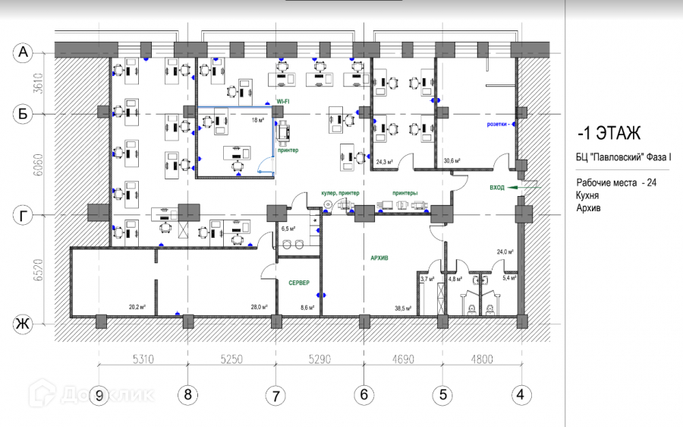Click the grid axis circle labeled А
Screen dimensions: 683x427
(24, 52)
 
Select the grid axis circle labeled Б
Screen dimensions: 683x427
(24, 113)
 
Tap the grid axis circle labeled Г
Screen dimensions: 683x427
(24, 216)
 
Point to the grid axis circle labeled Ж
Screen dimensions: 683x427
(24, 324)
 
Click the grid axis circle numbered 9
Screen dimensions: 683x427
(99, 395)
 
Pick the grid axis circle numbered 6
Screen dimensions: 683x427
(364, 395)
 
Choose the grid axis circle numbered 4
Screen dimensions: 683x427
(520, 395)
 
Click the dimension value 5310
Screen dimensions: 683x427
(143, 359)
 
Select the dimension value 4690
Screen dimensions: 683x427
(403, 359)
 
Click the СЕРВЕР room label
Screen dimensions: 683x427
(298, 283)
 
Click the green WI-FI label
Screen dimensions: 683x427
(282, 101)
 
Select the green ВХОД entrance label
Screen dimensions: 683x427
(498, 186)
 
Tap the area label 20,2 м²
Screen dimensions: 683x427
(137, 307)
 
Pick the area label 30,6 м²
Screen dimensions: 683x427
(452, 161)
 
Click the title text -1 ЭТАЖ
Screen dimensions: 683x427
(609, 134)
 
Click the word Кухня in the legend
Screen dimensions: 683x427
(589, 195)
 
